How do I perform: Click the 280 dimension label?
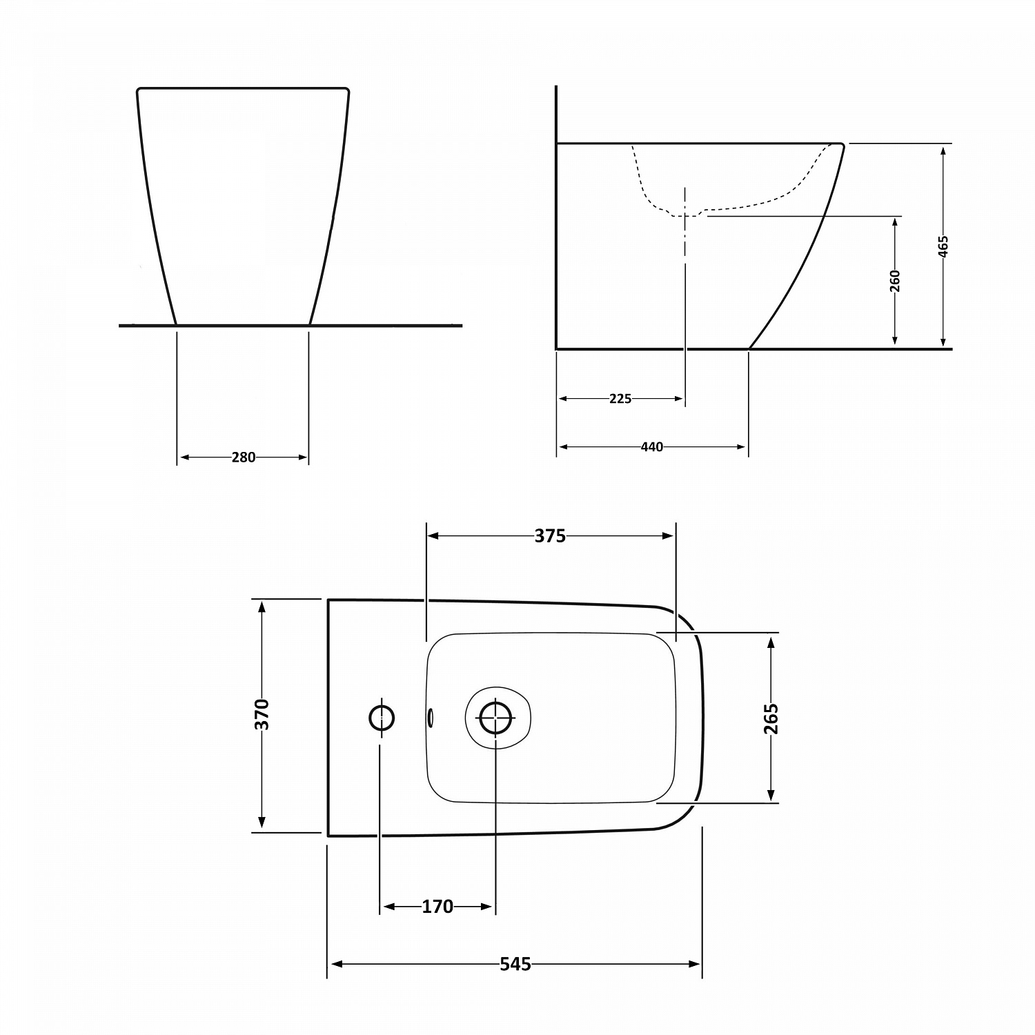pyautogui.click(x=244, y=457)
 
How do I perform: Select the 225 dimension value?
pyautogui.click(x=620, y=399)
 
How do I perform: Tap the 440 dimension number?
pyautogui.click(x=652, y=447)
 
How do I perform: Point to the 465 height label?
pyautogui.click(x=943, y=246)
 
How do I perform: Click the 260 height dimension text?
pyautogui.click(x=895, y=281)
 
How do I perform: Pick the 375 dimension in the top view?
pyautogui.click(x=550, y=536)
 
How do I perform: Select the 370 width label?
pyautogui.click(x=262, y=714)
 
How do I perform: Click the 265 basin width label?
pyautogui.click(x=771, y=718)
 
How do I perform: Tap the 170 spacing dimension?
pyautogui.click(x=437, y=907)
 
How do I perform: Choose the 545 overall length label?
pyautogui.click(x=515, y=965)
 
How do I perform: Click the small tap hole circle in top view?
pyautogui.click(x=382, y=718)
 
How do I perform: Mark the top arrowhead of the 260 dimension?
pyautogui.click(x=895, y=222)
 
